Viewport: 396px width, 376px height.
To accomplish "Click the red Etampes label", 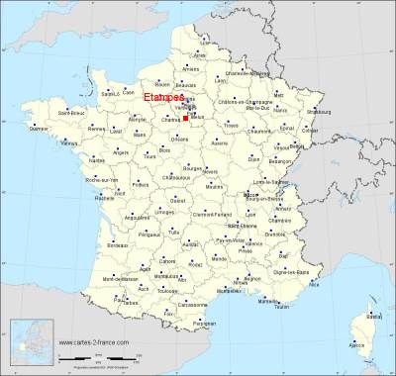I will coord(162,98).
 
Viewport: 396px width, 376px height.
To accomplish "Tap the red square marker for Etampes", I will coord(186,117).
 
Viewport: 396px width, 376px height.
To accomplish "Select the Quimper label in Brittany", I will coord(40,129).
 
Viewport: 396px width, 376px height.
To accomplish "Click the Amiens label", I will coord(191,68).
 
